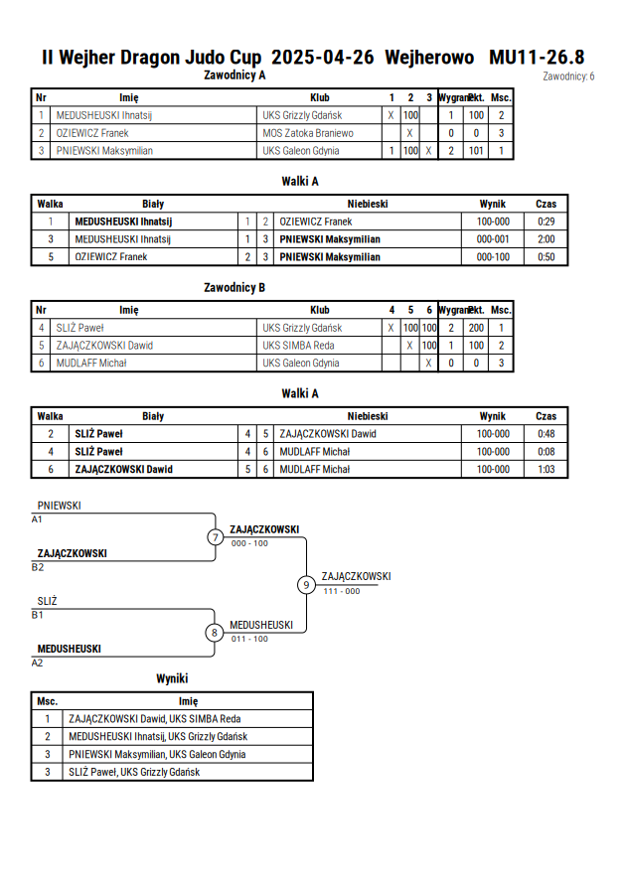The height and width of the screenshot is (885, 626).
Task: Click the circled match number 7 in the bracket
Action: [x=215, y=536]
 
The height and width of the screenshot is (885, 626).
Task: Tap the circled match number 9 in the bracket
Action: [x=306, y=585]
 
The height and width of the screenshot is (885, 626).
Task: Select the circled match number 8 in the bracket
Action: [x=215, y=633]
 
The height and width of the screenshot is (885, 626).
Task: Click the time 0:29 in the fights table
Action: [x=546, y=221]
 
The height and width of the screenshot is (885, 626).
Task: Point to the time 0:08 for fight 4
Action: [x=546, y=452]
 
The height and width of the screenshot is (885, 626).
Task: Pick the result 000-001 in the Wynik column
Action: [x=493, y=239]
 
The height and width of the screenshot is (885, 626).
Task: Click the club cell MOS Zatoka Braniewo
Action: [x=308, y=133]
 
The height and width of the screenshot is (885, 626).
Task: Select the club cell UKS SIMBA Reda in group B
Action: [x=298, y=346]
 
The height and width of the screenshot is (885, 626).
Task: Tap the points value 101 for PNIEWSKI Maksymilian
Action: [x=476, y=151]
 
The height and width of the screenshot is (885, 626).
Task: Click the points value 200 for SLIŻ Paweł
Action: [x=476, y=328]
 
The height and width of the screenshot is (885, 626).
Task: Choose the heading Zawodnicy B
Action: [x=235, y=287]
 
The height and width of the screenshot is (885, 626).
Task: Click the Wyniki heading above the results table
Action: [x=172, y=678]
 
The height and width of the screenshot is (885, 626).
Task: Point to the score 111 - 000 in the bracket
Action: [x=342, y=591]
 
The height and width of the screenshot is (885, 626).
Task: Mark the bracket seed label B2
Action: [x=38, y=567]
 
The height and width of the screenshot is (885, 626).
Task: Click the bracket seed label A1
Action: [x=37, y=519]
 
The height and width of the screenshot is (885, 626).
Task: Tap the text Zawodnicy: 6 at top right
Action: [x=568, y=76]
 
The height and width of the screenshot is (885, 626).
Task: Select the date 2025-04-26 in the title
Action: [x=322, y=57]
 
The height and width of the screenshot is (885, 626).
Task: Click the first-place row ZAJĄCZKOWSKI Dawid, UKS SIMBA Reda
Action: [x=155, y=719]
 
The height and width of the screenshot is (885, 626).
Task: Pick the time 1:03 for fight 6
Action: [x=546, y=469]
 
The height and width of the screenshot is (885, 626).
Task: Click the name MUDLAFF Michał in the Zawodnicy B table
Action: [x=91, y=363]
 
